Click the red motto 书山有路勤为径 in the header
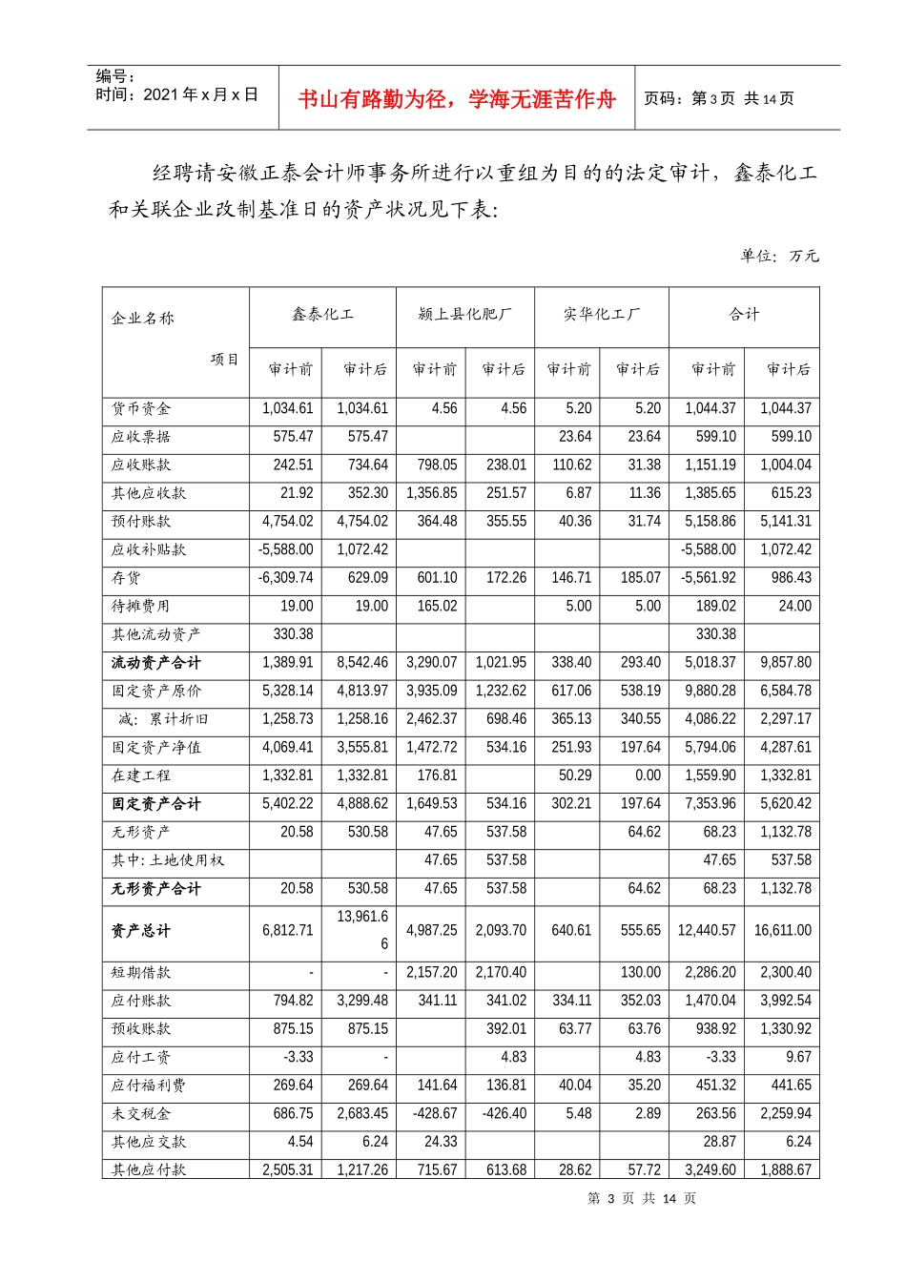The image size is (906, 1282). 457,99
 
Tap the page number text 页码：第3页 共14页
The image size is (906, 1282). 718,98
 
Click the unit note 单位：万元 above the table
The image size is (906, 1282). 779,256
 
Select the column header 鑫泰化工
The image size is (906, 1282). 322,314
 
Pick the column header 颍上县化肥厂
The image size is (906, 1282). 464,314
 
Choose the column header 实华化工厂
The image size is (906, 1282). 601,314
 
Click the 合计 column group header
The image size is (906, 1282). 744,314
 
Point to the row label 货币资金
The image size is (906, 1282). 141,408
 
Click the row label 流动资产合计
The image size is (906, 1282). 156,662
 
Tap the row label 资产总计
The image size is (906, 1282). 141,930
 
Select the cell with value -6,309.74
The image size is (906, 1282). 285,577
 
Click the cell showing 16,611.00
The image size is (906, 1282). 782,930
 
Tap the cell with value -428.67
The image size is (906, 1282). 434,1113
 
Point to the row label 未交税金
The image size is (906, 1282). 141,1113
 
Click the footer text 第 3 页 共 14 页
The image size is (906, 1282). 642,1198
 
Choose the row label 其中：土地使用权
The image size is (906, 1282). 168,860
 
